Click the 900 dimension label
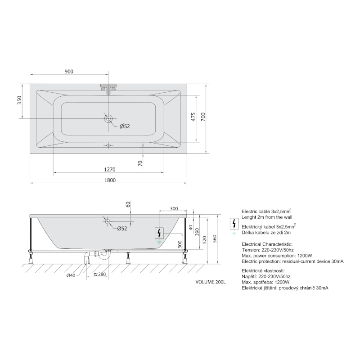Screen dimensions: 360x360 (69, 72)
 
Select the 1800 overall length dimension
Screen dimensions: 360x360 (110, 180)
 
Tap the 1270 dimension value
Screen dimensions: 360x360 (110, 170)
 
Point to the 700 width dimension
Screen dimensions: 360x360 (203, 117)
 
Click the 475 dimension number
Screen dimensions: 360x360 (193, 117)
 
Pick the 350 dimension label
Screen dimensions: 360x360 (19, 100)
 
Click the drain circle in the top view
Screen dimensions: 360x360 (108, 119)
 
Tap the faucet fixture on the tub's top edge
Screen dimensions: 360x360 (108, 88)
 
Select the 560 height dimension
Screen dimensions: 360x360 (215, 239)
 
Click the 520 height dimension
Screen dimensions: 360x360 (205, 240)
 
